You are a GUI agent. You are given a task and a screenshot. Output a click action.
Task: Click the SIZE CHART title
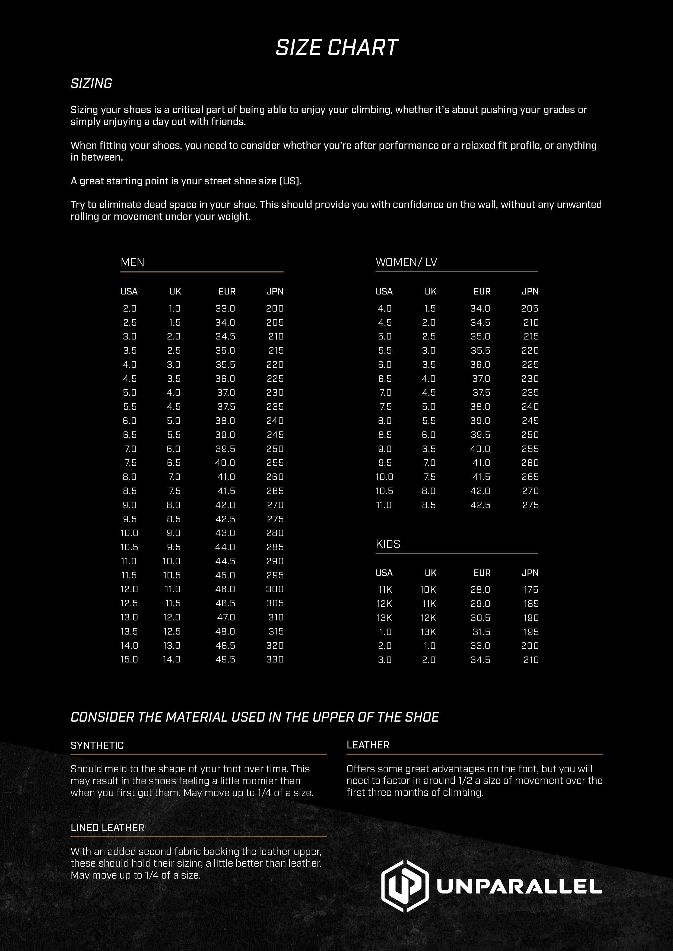(x=336, y=48)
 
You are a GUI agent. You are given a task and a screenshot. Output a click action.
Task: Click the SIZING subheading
(x=91, y=84)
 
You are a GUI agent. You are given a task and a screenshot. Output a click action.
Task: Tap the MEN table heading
(x=132, y=262)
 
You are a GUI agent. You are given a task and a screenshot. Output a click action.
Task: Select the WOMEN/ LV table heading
(x=406, y=262)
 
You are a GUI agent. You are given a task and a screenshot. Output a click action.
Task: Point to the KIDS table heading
(x=388, y=544)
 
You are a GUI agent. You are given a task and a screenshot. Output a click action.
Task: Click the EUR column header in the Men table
(x=227, y=292)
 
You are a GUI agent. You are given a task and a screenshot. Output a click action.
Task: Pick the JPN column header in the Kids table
(x=530, y=573)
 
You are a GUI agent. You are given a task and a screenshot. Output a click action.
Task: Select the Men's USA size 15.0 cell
(x=129, y=659)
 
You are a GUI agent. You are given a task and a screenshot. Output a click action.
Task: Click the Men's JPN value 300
(x=275, y=589)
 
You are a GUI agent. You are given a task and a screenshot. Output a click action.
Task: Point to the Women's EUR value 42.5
(x=480, y=505)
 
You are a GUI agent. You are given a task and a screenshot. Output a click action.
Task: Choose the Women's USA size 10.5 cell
(x=384, y=491)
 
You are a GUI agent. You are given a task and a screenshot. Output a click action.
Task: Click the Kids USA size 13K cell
(x=384, y=617)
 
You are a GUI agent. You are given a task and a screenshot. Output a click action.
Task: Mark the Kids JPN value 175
(x=531, y=590)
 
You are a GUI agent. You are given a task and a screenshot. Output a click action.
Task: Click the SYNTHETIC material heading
(x=97, y=745)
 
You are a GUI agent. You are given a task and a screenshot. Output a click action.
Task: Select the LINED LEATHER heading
(x=107, y=828)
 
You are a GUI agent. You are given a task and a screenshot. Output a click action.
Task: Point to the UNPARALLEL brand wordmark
(x=519, y=887)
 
